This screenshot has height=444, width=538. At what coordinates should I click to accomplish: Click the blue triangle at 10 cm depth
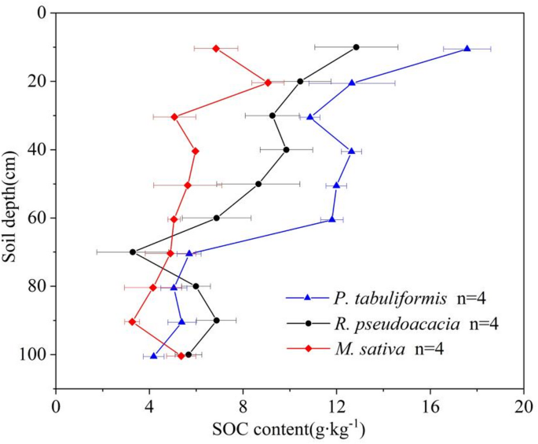(x=467, y=49)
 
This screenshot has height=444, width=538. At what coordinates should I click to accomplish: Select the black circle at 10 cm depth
(x=356, y=47)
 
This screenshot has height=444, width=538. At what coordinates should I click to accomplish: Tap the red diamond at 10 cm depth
(x=216, y=49)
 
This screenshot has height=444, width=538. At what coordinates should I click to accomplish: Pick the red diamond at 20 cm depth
(x=268, y=83)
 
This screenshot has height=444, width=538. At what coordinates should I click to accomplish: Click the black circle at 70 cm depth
(x=133, y=252)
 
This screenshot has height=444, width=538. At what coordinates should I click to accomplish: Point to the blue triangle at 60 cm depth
(x=332, y=219)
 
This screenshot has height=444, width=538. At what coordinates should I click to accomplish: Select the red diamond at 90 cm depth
(x=132, y=322)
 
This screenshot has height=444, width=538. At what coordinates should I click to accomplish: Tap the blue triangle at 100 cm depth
(x=154, y=356)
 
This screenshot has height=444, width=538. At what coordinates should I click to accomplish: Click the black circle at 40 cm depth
(x=286, y=149)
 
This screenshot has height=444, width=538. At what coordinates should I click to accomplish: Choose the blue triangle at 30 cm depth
(x=310, y=117)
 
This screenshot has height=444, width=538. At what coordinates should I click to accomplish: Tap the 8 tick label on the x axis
(x=243, y=408)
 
